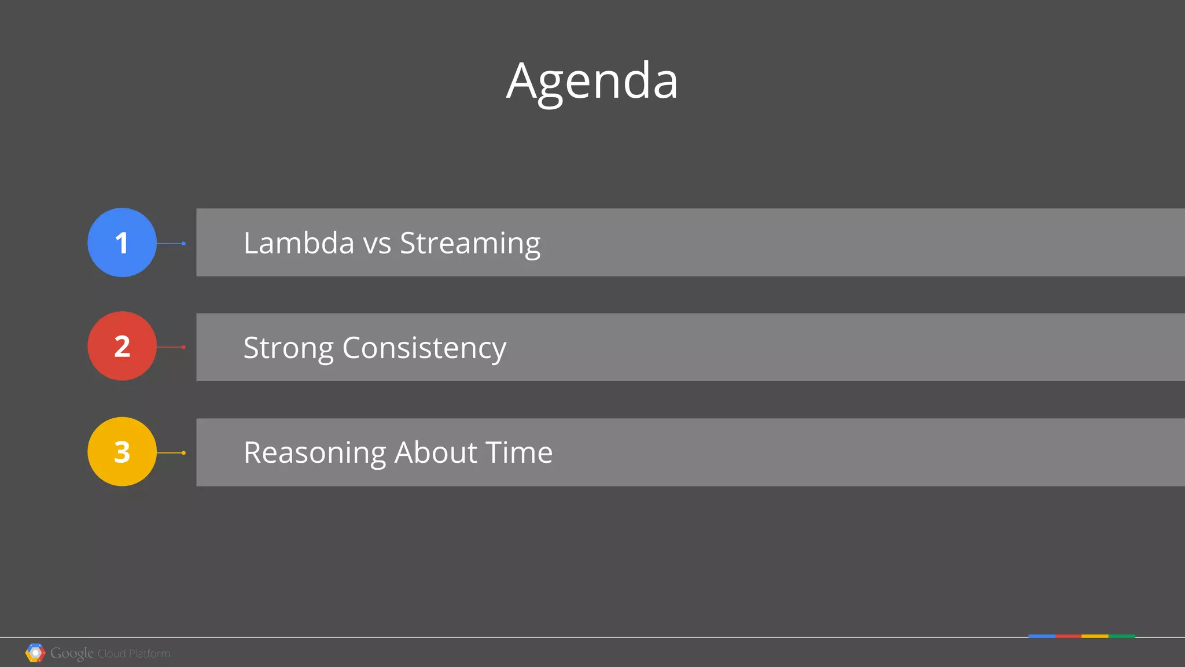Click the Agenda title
click(x=592, y=81)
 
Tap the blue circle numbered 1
click(x=122, y=242)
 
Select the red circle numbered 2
click(x=122, y=346)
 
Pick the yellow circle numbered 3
click(x=122, y=451)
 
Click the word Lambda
click(x=299, y=243)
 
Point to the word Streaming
click(x=470, y=243)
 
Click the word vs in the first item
click(x=377, y=244)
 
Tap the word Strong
click(x=288, y=348)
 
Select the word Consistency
click(x=424, y=348)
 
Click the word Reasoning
click(x=314, y=453)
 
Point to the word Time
click(x=519, y=452)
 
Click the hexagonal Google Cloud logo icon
click(x=35, y=653)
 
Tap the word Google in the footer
click(x=72, y=653)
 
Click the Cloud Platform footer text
click(x=134, y=654)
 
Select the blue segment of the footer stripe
click(x=1042, y=636)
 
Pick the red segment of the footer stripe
click(x=1068, y=636)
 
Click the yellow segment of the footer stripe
click(x=1095, y=636)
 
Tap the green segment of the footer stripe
click(x=1122, y=636)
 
